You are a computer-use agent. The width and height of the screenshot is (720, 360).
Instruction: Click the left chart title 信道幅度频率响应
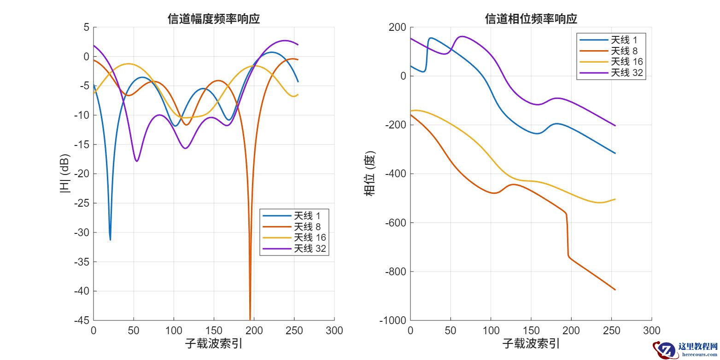[214, 19]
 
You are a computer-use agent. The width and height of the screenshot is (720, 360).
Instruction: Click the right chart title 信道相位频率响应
[531, 19]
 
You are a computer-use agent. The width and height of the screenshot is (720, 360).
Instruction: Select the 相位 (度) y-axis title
[369, 174]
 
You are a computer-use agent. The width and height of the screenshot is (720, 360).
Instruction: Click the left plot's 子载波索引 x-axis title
[214, 343]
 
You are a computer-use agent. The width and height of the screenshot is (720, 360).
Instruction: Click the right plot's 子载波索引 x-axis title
[531, 343]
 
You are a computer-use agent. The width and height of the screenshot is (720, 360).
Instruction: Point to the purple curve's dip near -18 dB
[137, 161]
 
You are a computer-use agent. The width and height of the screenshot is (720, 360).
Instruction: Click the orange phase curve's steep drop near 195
[567, 235]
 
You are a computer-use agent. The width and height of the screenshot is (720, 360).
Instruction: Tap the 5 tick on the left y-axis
[86, 27]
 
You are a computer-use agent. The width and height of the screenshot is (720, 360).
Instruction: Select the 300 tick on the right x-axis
[651, 331]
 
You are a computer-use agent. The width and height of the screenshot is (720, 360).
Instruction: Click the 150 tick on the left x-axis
[214, 331]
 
